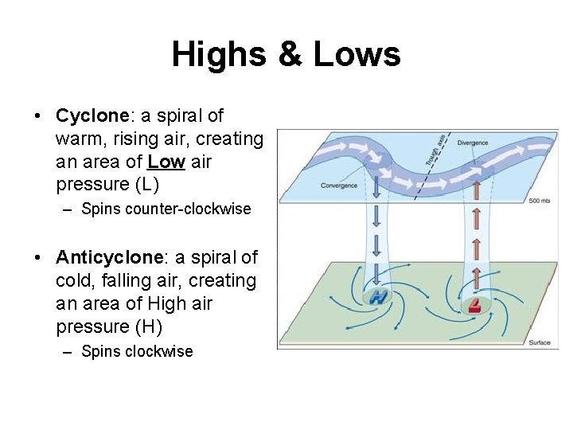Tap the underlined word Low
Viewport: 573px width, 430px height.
point(166,162)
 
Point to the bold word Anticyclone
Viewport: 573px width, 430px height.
point(109,258)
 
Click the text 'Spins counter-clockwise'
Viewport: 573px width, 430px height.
point(166,209)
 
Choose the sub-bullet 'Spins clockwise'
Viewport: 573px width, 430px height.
point(137,351)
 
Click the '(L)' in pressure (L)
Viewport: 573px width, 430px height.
point(147,185)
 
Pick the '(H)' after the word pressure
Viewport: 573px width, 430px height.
point(148,326)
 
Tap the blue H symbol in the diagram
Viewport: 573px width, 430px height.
point(379,297)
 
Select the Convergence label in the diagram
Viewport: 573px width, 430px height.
point(339,186)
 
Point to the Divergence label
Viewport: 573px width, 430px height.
point(473,143)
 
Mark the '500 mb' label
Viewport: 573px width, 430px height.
point(540,201)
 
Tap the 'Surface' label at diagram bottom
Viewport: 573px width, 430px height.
point(539,342)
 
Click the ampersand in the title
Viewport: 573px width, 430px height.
point(288,55)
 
